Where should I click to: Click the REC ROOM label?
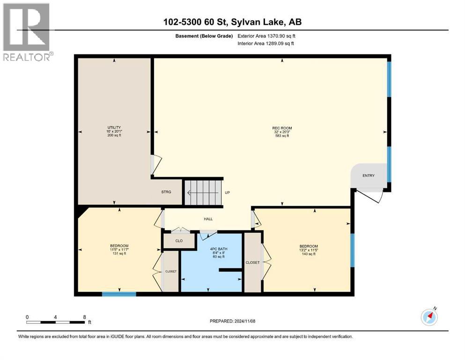[282, 128]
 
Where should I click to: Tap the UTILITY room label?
[114, 127]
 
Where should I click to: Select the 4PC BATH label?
[219, 249]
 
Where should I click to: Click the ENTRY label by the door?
[369, 175]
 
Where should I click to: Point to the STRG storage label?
[166, 192]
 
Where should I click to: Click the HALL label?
[208, 219]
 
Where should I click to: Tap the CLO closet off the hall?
[179, 240]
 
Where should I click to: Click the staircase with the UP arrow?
[203, 193]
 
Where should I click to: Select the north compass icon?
[429, 317]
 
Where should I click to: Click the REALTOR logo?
[28, 32]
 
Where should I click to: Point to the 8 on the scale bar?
[84, 317]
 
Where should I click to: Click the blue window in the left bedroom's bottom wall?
[119, 294]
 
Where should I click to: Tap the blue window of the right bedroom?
[352, 250]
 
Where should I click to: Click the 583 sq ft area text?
[282, 135]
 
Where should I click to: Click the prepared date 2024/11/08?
[244, 321]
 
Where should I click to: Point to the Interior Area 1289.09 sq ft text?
[266, 43]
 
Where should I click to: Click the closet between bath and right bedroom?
[253, 262]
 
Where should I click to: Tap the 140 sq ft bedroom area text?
[309, 254]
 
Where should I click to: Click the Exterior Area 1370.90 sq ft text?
[266, 36]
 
